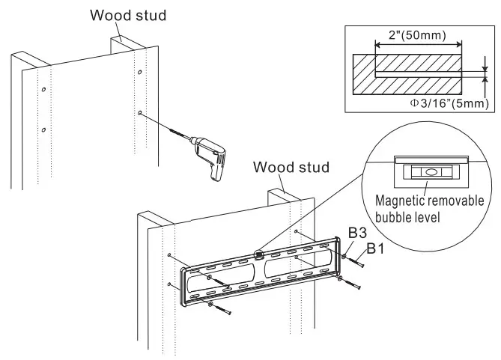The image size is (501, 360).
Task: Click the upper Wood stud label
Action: click(x=127, y=14)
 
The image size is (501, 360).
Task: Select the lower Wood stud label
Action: click(x=291, y=166)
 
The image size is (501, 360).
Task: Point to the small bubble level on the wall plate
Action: click(x=260, y=254)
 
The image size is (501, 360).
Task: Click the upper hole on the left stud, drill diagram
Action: click(x=44, y=89)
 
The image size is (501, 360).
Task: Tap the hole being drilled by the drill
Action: click(x=141, y=113)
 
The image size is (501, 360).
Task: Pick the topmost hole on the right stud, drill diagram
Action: click(x=139, y=72)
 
